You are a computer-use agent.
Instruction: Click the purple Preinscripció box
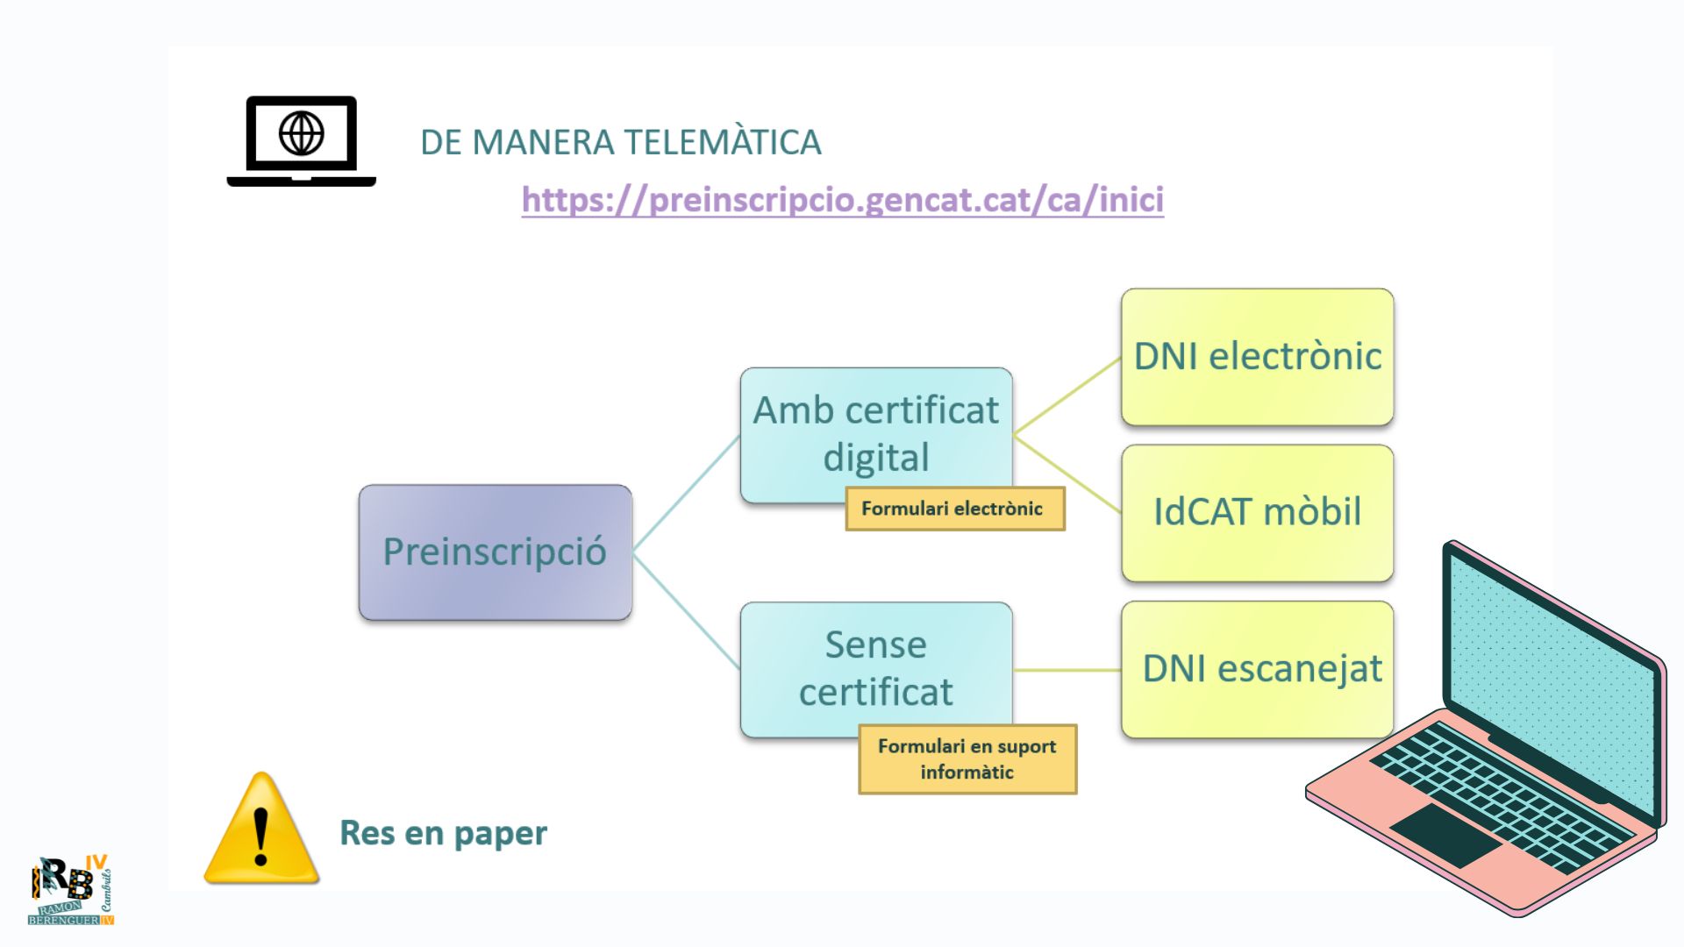pyautogui.click(x=495, y=552)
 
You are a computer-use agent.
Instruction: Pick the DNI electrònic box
pyautogui.click(x=1257, y=357)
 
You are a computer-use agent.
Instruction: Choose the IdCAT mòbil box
pyautogui.click(x=1257, y=512)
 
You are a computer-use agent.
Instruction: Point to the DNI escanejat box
pyautogui.click(x=1257, y=669)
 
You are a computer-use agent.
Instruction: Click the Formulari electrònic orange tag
pyautogui.click(x=954, y=509)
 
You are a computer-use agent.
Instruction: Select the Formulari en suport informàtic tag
pyautogui.click(x=967, y=759)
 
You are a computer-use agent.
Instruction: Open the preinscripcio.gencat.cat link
pyautogui.click(x=842, y=200)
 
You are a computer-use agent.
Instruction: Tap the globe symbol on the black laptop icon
pyautogui.click(x=302, y=133)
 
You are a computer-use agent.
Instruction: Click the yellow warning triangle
pyautogui.click(x=261, y=831)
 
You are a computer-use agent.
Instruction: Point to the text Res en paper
pyautogui.click(x=443, y=833)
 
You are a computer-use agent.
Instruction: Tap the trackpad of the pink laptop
pyautogui.click(x=1445, y=835)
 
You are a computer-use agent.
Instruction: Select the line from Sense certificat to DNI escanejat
pyautogui.click(x=1067, y=670)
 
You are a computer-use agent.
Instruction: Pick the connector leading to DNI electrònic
pyautogui.click(x=1067, y=396)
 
